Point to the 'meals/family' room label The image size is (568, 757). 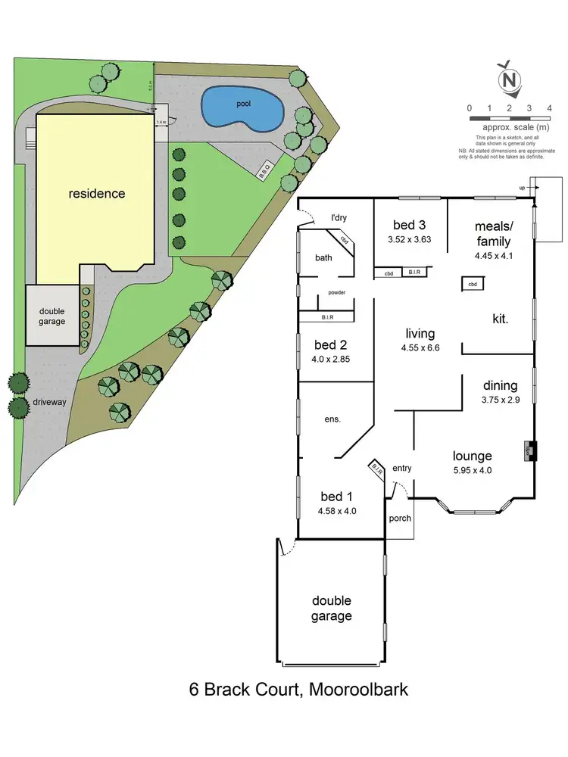(x=493, y=234)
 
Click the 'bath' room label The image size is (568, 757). (x=323, y=258)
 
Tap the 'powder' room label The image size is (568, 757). (x=337, y=292)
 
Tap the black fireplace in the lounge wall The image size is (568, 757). (x=530, y=450)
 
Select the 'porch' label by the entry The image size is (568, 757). (x=399, y=519)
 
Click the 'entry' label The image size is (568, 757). (x=401, y=469)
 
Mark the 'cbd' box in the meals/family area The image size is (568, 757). (x=472, y=284)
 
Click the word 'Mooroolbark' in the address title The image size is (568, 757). (x=357, y=690)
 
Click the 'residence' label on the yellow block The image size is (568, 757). (x=97, y=193)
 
